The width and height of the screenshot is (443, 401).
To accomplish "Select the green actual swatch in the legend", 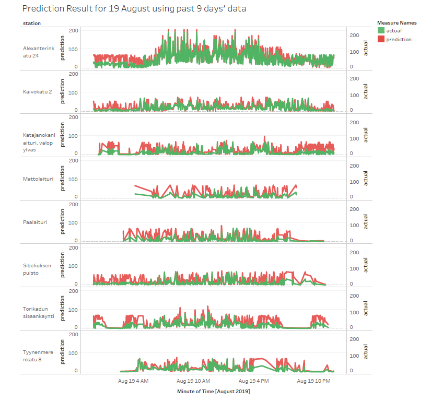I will (381, 31).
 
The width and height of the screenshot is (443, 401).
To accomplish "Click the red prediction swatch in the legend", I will (381, 39).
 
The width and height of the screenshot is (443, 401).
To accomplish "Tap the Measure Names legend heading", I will (397, 22).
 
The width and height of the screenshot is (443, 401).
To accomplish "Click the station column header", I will (32, 23).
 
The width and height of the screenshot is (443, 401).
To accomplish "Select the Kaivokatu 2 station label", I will (37, 92).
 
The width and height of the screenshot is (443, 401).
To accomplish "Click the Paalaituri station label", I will (35, 222).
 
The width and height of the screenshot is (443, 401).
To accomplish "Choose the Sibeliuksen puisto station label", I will (37, 269).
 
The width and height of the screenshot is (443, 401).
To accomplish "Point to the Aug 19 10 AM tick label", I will (193, 381).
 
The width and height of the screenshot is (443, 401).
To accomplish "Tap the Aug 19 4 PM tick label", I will (254, 381).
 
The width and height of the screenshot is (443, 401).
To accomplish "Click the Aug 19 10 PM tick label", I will (313, 381).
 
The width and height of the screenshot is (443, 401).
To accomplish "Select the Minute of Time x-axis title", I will (213, 391).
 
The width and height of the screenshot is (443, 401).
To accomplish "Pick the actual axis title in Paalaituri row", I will (366, 222).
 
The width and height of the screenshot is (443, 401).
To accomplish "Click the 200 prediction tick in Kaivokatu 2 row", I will (74, 74).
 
